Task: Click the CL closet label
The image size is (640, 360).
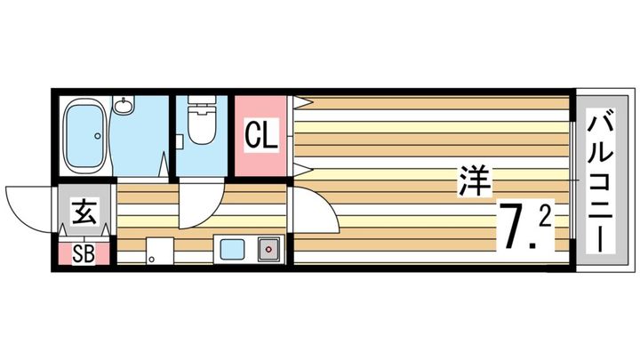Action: point(262,137)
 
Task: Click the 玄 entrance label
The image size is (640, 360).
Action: point(84,214)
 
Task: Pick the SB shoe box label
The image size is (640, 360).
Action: point(84,252)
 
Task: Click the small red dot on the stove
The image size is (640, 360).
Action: point(268,250)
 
